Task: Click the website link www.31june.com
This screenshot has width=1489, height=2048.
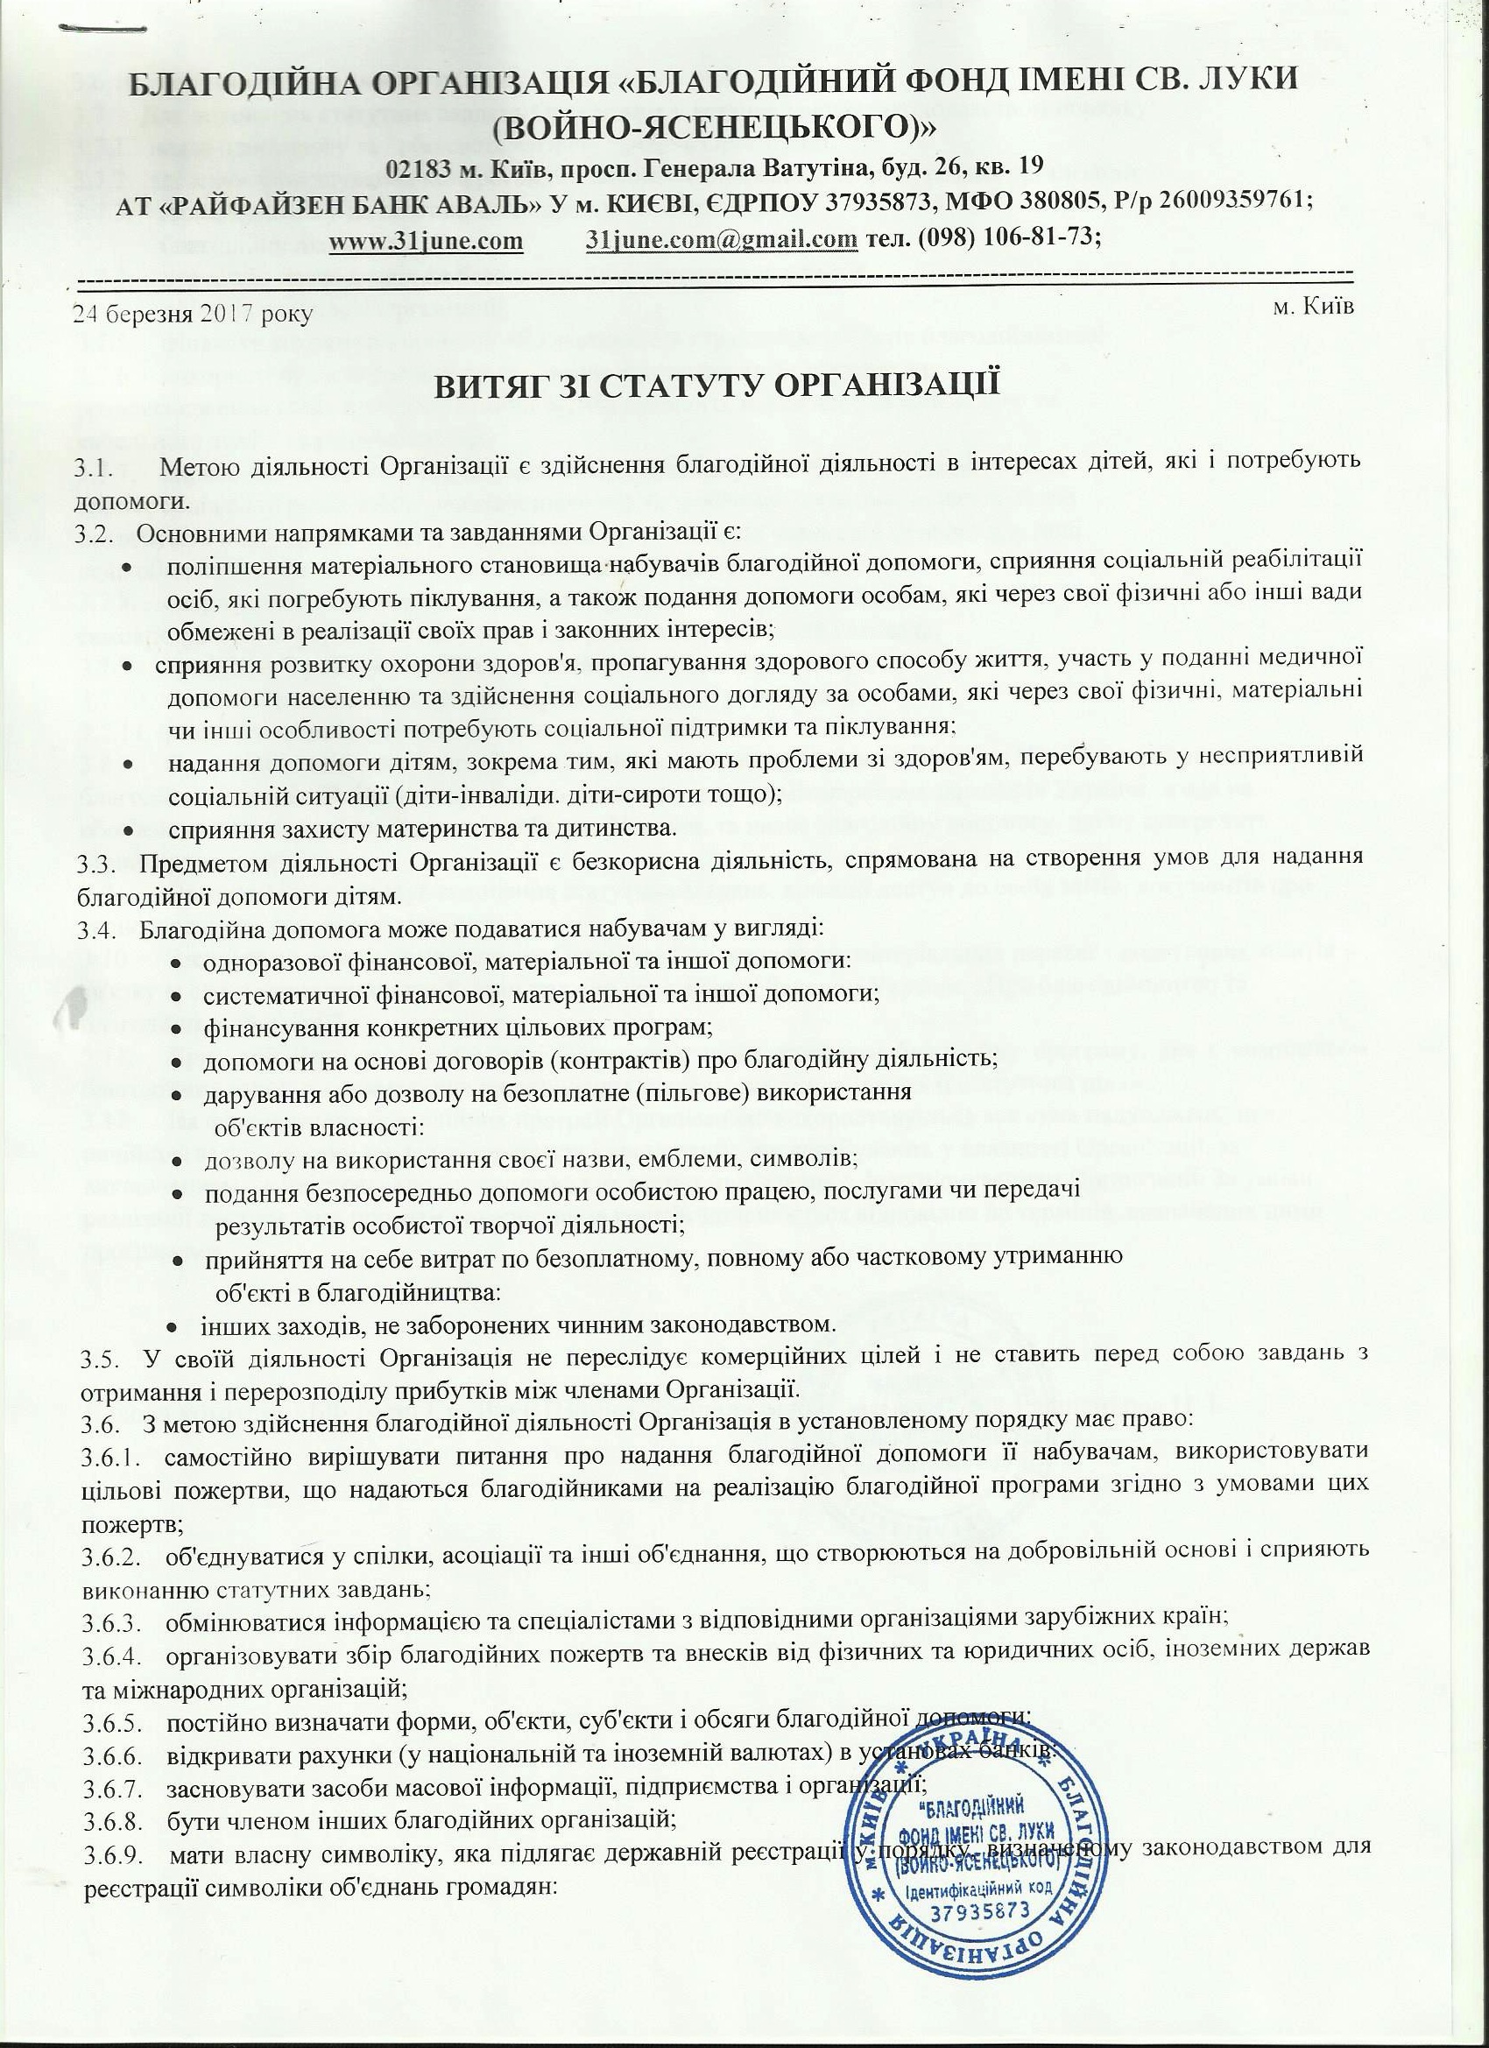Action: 427,241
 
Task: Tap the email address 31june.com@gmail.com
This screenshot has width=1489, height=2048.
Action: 721,241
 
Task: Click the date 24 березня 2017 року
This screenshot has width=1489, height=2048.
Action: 194,314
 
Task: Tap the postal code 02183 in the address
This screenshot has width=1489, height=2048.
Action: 413,169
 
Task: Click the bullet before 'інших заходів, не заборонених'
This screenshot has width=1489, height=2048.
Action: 172,1325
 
